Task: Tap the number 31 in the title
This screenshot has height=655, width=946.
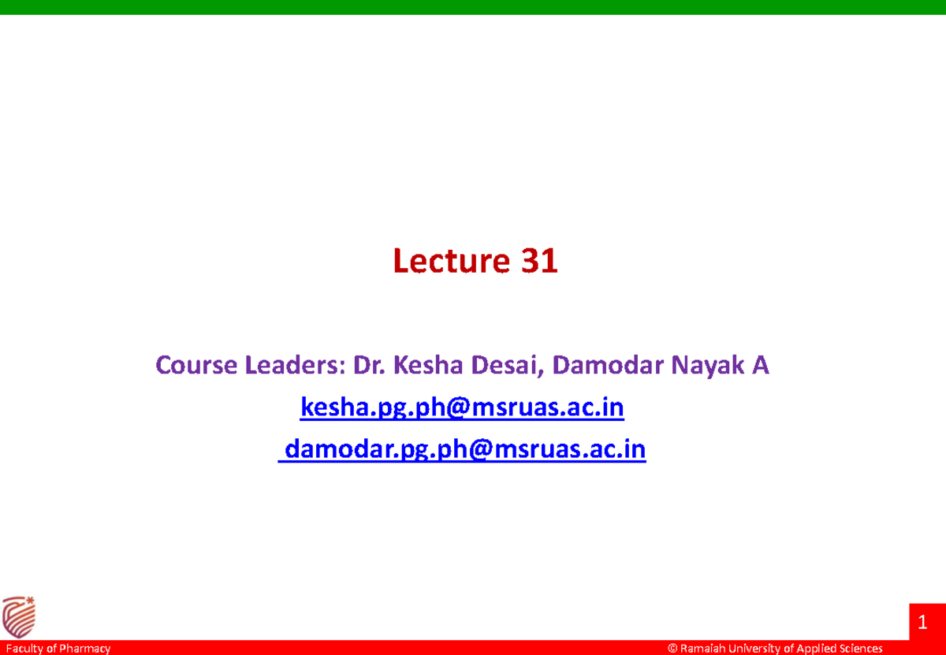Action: (539, 261)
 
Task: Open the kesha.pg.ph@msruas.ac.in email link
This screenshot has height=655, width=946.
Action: (463, 408)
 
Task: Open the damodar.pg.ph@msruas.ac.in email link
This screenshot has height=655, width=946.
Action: (464, 449)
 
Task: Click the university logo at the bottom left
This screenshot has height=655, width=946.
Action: (19, 617)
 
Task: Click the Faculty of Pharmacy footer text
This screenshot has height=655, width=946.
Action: (56, 649)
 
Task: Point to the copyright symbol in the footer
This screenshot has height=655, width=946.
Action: (672, 649)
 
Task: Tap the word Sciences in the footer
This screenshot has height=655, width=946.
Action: (858, 649)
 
